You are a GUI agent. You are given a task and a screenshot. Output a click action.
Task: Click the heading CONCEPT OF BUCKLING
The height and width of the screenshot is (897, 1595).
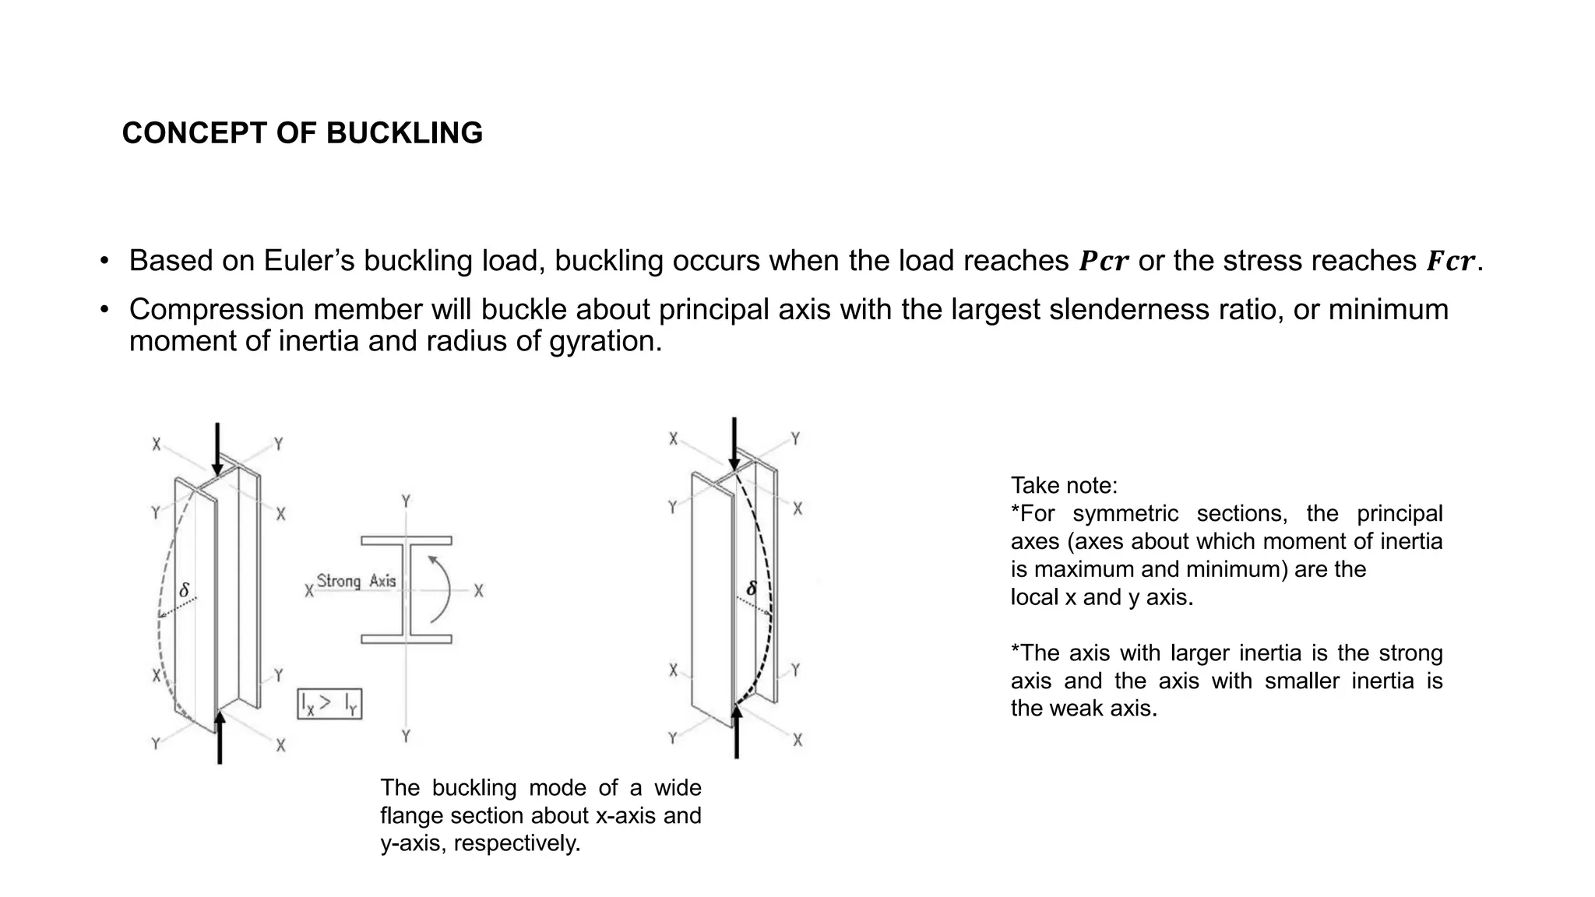click(302, 133)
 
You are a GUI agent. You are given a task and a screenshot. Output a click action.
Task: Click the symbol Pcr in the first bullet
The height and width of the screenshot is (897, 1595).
click(1103, 262)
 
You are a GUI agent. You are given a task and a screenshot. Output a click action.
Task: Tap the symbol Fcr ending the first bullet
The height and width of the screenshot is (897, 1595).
click(1450, 262)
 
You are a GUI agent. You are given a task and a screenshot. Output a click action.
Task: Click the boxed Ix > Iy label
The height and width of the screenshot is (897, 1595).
click(330, 704)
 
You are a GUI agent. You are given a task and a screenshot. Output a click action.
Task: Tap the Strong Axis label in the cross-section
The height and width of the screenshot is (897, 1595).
click(357, 581)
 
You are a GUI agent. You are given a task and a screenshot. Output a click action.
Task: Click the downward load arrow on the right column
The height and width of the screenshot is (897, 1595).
click(734, 444)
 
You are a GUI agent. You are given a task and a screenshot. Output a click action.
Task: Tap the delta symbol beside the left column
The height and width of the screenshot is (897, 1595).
click(185, 591)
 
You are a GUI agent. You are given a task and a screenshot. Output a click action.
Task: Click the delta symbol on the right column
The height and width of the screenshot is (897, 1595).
click(752, 589)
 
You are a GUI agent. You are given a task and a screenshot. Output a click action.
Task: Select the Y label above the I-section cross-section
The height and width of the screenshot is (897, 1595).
click(406, 501)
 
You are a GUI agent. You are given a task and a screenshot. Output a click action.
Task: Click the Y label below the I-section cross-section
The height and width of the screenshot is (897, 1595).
click(406, 736)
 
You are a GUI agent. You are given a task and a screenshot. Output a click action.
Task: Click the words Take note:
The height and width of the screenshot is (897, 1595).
click(1064, 486)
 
